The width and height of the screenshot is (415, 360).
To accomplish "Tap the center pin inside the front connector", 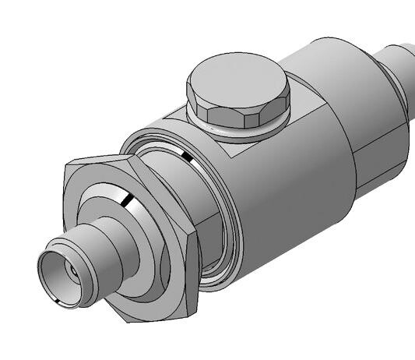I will tap(72, 272).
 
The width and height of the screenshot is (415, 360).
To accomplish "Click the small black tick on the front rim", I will tap(59, 299).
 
